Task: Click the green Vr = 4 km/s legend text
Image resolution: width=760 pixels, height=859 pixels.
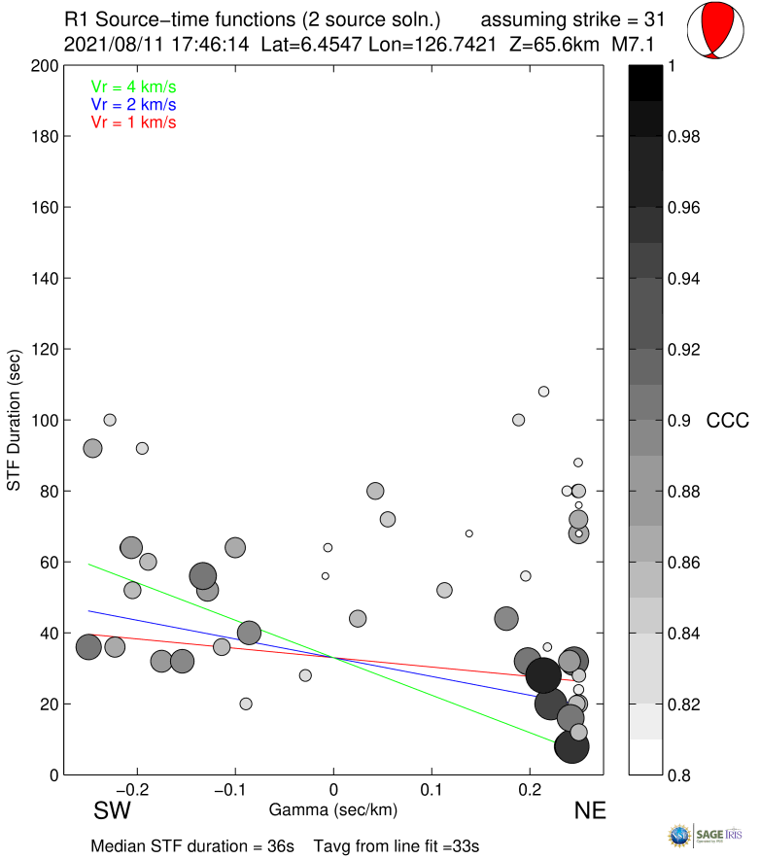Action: point(133,86)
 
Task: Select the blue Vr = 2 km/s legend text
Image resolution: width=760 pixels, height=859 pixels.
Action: point(133,104)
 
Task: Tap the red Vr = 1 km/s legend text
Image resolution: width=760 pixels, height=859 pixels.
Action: point(133,122)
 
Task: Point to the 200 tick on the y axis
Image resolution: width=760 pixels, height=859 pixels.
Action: point(45,66)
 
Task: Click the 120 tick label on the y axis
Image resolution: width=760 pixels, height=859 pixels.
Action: point(45,349)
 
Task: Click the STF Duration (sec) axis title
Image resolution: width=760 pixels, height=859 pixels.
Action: point(15,420)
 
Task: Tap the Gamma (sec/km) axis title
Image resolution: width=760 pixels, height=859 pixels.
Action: point(332,809)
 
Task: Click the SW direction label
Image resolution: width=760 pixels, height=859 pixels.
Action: point(113,810)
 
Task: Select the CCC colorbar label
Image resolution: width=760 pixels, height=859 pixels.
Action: point(726,421)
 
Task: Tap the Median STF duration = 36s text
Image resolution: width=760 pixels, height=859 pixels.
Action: point(192,846)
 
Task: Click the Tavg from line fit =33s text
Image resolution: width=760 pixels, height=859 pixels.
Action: point(396,846)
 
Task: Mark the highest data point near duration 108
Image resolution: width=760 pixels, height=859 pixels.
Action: point(544,392)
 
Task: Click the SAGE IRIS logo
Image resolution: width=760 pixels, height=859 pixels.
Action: point(713,836)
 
